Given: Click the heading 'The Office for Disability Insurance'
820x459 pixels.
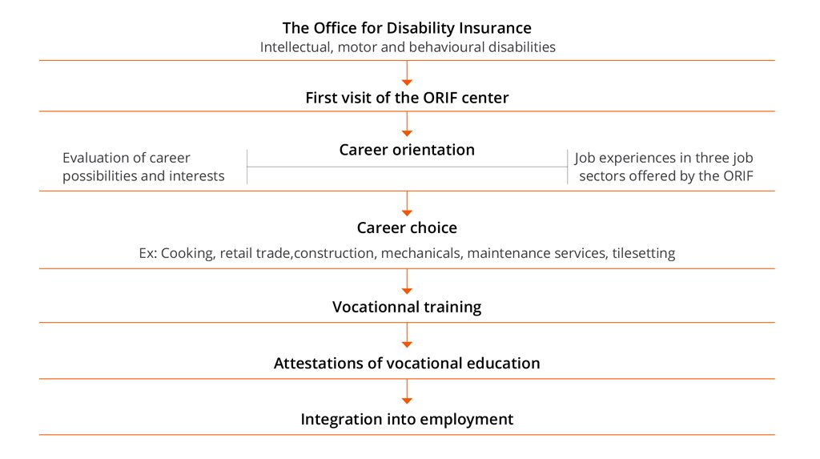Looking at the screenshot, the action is coord(407,28).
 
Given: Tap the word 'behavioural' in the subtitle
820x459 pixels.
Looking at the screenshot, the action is coord(445,47).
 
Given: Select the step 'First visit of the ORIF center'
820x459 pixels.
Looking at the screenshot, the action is coord(407,98).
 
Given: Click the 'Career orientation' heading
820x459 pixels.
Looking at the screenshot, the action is coord(407,150).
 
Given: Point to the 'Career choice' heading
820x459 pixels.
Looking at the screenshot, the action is coord(407,227).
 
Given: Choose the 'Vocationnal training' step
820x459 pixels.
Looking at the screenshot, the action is coord(407,307).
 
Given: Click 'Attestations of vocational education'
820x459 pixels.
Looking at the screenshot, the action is coord(407,363).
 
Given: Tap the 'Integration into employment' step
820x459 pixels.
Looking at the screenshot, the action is coord(407,419).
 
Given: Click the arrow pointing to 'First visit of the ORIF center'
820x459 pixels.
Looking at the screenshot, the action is coord(407,73).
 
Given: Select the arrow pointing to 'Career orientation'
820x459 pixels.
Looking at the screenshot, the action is coord(407,124).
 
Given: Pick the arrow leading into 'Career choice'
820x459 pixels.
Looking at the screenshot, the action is coord(407,203).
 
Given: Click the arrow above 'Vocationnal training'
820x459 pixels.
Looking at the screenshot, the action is coord(407,282).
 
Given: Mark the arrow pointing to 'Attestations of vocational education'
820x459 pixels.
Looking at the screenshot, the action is coord(407,335).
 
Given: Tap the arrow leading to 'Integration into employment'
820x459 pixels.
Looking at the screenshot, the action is coord(407,392).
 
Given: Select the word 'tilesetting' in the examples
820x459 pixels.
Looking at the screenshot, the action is coord(644,253).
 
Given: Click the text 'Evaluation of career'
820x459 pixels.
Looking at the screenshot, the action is coord(126,158).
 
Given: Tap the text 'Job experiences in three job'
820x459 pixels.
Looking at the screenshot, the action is coord(664,158).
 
